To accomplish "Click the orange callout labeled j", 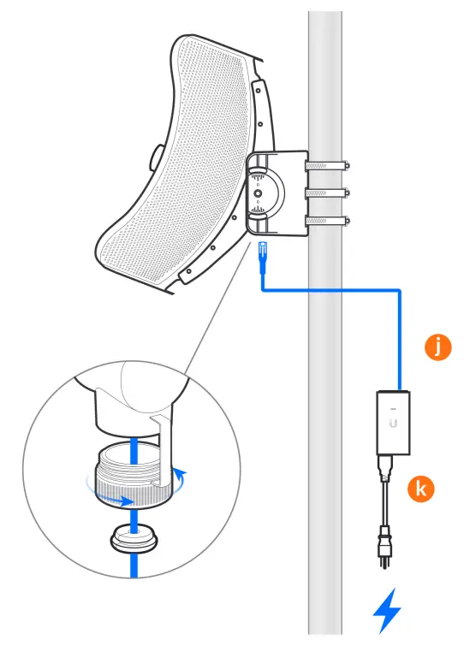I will click(437, 347).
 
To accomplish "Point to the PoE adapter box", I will click(394, 421).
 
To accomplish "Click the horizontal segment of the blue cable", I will click(334, 292).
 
